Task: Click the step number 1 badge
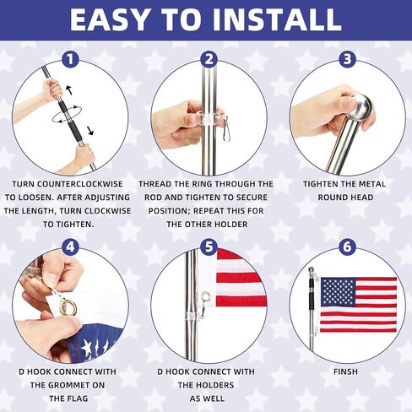pos(70,59)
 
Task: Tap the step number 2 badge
pos(209,59)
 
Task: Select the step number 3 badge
pos(347,59)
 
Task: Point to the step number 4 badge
pos(70,247)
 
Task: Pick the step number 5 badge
pos(209,247)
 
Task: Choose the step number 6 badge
pos(347,247)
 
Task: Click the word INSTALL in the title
pos(277,19)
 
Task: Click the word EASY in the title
pos(109,19)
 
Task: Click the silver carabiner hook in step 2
pos(226,128)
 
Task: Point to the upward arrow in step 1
pos(68,89)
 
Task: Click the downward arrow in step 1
pos(90,131)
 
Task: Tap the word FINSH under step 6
pos(345,371)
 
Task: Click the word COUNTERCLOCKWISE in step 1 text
pos(80,184)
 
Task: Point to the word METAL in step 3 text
pos(371,184)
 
